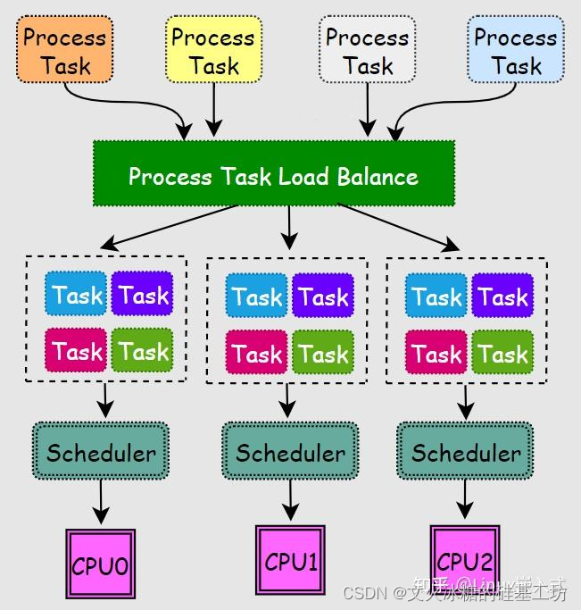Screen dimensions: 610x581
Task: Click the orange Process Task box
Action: (65, 51)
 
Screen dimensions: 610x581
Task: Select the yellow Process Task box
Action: (213, 51)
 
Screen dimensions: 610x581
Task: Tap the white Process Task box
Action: (367, 51)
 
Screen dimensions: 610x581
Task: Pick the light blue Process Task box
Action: (516, 51)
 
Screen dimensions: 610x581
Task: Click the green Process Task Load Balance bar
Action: (273, 175)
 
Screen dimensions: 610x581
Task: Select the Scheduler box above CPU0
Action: (101, 452)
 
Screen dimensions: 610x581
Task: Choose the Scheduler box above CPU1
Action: (290, 453)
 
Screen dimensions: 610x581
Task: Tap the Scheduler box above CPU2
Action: (466, 453)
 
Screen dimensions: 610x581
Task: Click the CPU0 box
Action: (100, 564)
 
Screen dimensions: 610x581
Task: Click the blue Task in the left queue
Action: (77, 295)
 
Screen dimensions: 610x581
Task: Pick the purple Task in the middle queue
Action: (323, 297)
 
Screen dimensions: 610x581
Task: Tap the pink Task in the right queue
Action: (436, 354)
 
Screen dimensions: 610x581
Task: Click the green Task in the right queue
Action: (502, 354)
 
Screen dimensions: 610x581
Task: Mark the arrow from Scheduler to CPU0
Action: (101, 502)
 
